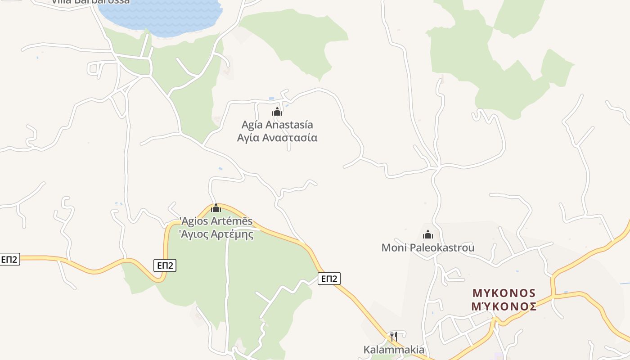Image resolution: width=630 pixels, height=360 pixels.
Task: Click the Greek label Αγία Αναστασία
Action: [277, 138]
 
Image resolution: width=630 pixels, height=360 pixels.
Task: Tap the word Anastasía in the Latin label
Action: [290, 125]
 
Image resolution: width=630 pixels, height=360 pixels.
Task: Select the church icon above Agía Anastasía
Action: [277, 112]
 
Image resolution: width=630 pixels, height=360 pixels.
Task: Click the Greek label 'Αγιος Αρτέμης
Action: [216, 234]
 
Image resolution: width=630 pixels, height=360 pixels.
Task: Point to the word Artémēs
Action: [232, 221]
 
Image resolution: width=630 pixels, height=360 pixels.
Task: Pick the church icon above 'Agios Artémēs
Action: [216, 208]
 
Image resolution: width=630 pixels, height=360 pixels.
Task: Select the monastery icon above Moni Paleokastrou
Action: [427, 234]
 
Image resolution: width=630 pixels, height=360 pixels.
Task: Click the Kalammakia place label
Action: [394, 350]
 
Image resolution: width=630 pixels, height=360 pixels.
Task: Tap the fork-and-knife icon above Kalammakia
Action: [393, 336]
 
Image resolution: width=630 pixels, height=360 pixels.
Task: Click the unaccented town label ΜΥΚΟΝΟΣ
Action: [504, 293]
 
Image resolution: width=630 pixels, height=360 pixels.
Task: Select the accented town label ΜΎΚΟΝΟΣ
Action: [504, 306]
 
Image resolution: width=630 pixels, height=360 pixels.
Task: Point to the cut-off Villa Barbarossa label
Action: [90, 2]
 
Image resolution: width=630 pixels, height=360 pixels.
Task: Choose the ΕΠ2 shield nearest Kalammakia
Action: [329, 279]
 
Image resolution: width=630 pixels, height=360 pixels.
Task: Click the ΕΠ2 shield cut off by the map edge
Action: [9, 259]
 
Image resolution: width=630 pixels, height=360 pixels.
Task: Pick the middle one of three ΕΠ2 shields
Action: [165, 265]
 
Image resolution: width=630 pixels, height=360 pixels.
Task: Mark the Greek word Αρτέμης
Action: [232, 234]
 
